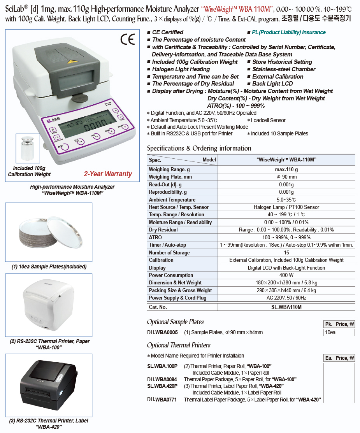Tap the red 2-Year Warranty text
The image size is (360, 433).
108,174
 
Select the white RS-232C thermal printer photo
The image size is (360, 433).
48,305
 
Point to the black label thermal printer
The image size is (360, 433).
48,385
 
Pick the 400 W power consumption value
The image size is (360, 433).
286,275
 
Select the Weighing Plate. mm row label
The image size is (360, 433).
170,177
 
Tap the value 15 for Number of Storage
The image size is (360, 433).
286,253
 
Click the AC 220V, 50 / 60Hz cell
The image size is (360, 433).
286,298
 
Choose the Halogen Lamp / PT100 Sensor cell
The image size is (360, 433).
286,207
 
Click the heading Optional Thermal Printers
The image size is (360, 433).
179,345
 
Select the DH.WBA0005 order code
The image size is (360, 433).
162,333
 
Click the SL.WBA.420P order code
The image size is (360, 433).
162,386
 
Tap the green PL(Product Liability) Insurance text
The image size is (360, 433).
288,32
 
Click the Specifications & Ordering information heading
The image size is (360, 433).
199,148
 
